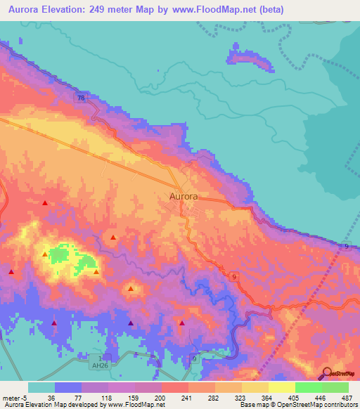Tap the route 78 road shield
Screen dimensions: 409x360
pyautogui.click(x=82, y=99)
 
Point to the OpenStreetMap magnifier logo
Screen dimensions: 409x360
pyautogui.click(x=327, y=373)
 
